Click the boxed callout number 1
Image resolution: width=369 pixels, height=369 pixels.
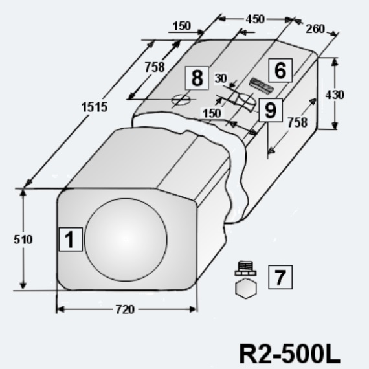coord(71,240)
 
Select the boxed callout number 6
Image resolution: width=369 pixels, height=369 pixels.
coord(280,71)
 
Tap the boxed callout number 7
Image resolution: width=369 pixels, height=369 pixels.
coord(280,277)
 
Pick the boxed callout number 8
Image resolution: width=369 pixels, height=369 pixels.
coord(197,78)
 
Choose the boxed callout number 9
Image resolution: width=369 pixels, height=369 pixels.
coord(271,110)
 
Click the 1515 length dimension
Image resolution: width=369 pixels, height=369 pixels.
coord(95,107)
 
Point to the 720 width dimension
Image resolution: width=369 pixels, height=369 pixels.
coord(125,309)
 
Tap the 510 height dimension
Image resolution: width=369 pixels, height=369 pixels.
coord(23,240)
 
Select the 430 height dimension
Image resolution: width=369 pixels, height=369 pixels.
coord(335,95)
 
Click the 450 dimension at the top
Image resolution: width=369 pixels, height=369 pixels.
coord(255,19)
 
